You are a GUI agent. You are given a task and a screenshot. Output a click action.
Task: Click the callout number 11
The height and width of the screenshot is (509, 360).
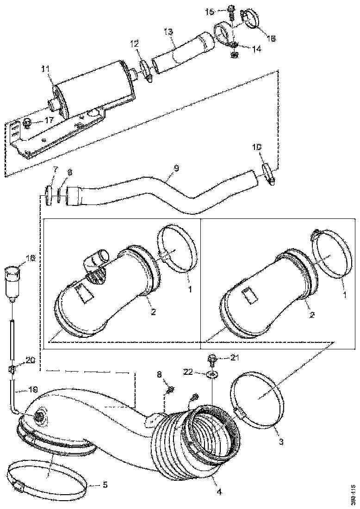(x=45, y=69)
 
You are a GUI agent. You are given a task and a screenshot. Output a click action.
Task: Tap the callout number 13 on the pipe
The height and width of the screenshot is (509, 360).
(x=168, y=32)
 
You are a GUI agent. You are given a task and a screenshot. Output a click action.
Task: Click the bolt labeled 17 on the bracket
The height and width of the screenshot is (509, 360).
(x=27, y=123)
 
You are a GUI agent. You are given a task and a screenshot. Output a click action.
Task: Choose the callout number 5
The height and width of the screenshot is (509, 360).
(x=105, y=485)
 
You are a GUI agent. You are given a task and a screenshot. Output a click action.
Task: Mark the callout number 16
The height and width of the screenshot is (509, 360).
(x=271, y=38)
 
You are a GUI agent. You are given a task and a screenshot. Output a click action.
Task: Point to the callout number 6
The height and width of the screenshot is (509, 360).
(x=70, y=172)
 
